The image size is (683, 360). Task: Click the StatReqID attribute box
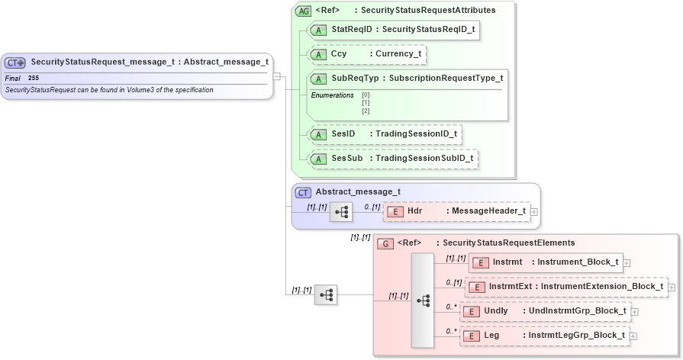tap(394, 30)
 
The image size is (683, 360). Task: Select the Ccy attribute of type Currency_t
tap(366, 55)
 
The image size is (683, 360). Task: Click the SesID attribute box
tap(385, 134)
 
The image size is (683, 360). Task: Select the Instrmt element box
tap(545, 262)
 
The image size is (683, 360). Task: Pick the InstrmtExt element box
tap(565, 287)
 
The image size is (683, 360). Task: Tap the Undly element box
tap(546, 311)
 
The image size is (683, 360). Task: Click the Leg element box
tap(545, 336)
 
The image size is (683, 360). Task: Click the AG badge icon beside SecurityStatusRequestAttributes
tap(303, 11)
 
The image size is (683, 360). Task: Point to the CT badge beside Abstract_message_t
tap(303, 192)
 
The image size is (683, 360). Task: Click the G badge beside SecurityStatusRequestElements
tap(385, 243)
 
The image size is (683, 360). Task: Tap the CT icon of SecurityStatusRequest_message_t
tap(15, 63)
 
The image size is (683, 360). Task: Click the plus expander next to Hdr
tap(534, 211)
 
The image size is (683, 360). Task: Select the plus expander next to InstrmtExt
tap(672, 288)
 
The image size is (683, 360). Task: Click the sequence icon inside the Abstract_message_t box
tap(340, 212)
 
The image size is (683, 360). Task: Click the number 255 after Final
tap(34, 78)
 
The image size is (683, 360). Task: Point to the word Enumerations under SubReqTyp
tap(332, 95)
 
